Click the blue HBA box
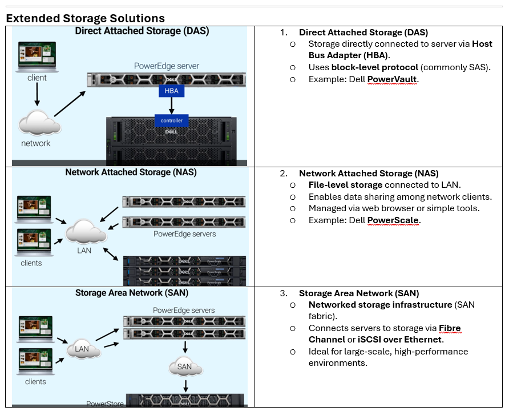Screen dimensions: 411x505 point(171,91)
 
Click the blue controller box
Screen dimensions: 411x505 point(171,120)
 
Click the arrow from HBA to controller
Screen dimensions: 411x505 point(171,106)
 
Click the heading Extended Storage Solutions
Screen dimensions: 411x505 point(85,18)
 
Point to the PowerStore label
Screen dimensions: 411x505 point(105,404)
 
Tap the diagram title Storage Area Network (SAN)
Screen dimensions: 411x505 point(132,293)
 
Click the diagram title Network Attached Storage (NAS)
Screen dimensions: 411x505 point(131,172)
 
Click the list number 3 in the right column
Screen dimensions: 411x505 point(283,293)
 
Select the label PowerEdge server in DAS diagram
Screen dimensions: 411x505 point(167,66)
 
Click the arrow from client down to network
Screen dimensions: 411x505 point(37,95)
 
